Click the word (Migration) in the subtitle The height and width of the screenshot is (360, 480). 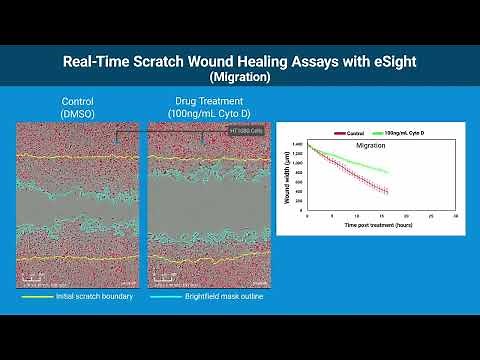point(240,76)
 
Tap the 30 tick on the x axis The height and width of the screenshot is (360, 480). point(457,217)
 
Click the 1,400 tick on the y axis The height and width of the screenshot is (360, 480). point(297,145)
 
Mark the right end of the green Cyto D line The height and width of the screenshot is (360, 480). point(388,171)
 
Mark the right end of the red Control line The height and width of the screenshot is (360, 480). point(387,192)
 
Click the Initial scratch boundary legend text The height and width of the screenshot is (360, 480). point(84,297)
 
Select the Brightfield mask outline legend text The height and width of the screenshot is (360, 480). point(224,297)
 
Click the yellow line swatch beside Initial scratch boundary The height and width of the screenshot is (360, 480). point(36,297)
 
